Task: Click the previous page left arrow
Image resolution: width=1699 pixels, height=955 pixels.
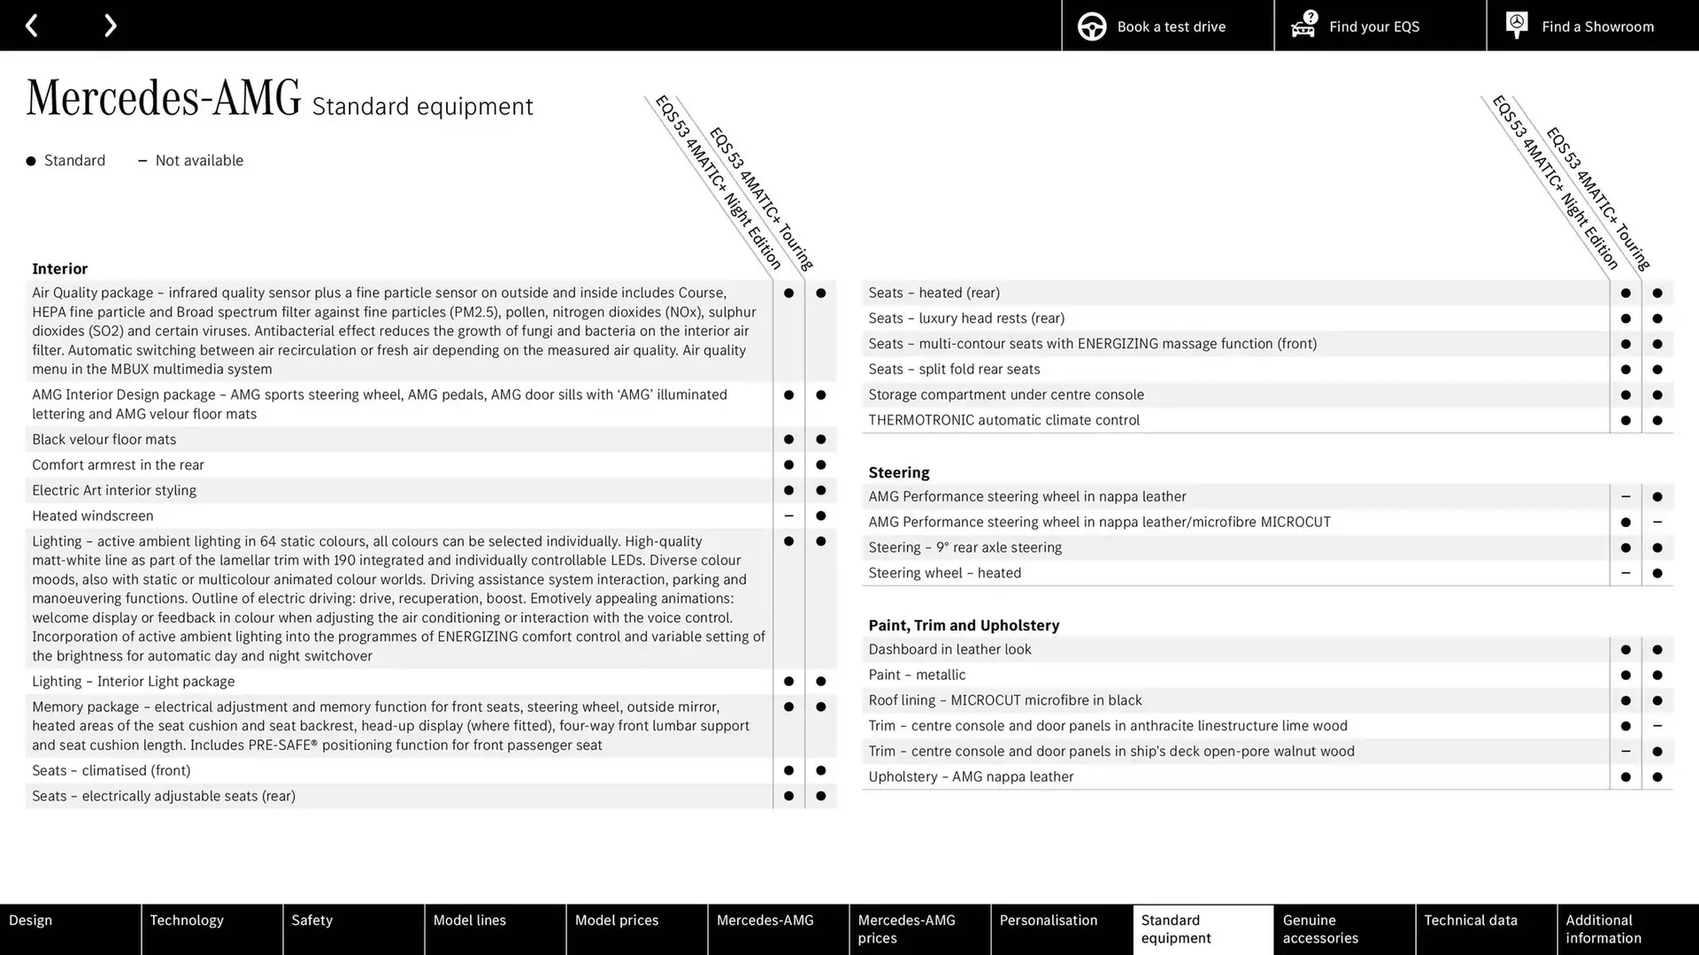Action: click(x=31, y=25)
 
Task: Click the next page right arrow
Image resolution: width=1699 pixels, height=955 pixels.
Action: click(x=110, y=25)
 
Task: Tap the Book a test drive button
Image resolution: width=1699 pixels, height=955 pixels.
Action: click(x=1167, y=26)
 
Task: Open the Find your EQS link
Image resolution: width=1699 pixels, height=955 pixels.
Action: click(x=1380, y=26)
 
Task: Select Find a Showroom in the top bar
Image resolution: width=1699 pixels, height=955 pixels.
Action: click(x=1592, y=26)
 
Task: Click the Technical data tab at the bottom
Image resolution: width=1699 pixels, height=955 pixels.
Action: click(x=1486, y=928)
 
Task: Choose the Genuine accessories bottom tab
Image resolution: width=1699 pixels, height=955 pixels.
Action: click(x=1344, y=928)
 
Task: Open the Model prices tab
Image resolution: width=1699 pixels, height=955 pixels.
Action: click(x=636, y=928)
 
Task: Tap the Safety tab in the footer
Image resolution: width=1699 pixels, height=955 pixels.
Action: click(x=353, y=928)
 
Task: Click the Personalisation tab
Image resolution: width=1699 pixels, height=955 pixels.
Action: click(x=1061, y=928)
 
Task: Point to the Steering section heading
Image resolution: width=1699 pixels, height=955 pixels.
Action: click(x=898, y=472)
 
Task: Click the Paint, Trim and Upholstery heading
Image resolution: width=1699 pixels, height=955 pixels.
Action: click(x=963, y=625)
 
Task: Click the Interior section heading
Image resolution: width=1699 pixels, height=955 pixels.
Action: click(x=59, y=269)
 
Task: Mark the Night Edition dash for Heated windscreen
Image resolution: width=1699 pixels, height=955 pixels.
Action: click(x=788, y=516)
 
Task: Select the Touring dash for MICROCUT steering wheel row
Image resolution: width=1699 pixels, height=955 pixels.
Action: click(x=1657, y=522)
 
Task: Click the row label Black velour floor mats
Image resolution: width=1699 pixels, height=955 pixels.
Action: click(x=104, y=439)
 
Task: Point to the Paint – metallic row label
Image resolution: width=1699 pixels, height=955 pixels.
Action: click(x=917, y=675)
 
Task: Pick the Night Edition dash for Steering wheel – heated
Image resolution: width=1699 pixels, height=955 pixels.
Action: click(x=1625, y=573)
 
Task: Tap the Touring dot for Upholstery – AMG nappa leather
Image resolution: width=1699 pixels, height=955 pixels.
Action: click(x=1657, y=777)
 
